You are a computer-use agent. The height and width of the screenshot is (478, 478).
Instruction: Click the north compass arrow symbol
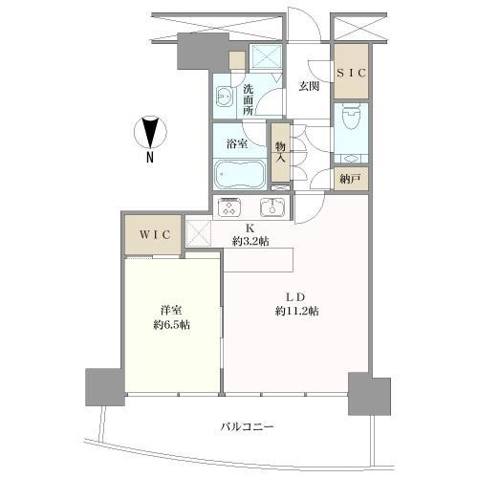[149, 130]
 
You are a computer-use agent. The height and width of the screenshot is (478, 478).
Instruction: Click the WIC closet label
[151, 234]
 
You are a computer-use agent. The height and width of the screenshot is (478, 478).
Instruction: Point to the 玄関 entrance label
[308, 87]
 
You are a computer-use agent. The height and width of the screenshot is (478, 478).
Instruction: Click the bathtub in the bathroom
[240, 176]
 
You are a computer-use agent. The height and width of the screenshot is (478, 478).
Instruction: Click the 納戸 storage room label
[350, 178]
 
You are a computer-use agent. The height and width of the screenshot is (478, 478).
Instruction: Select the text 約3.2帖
[250, 241]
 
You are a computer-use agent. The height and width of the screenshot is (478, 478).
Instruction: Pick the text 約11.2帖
[296, 311]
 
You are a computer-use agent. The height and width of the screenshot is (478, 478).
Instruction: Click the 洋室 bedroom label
[171, 311]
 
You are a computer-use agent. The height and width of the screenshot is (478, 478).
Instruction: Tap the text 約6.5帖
[171, 324]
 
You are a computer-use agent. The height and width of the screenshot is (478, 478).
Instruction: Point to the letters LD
[295, 296]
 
